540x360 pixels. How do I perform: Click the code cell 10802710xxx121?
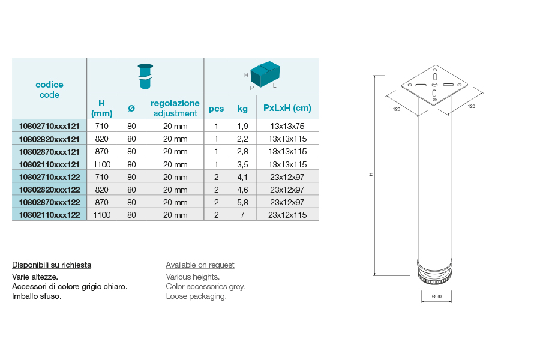[x=49, y=126]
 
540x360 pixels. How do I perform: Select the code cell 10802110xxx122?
[x=49, y=215]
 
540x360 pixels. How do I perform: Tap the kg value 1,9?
[x=242, y=127]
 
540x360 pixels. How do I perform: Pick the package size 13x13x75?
[x=287, y=126]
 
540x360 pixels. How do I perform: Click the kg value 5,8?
[x=242, y=203]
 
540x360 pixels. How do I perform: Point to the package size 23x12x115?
[x=287, y=215]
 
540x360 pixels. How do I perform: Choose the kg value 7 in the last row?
[x=242, y=215]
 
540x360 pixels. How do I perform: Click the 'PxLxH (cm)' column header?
[x=287, y=108]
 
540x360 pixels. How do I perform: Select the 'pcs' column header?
[x=216, y=109]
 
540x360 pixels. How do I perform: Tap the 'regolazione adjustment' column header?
[x=175, y=108]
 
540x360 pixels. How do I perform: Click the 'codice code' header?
[x=49, y=89]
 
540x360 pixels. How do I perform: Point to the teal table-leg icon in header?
[x=145, y=76]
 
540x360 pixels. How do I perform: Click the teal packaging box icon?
[x=265, y=74]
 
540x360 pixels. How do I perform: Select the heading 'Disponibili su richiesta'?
[x=52, y=265]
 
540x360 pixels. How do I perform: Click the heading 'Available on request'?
[x=200, y=265]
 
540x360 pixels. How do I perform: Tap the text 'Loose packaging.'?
[x=196, y=296]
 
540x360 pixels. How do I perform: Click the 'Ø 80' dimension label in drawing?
[x=437, y=296]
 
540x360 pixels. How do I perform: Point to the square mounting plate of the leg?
[x=434, y=85]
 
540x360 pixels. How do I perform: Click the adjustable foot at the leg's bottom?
[x=434, y=272]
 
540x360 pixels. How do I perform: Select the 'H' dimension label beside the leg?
[x=371, y=175]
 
